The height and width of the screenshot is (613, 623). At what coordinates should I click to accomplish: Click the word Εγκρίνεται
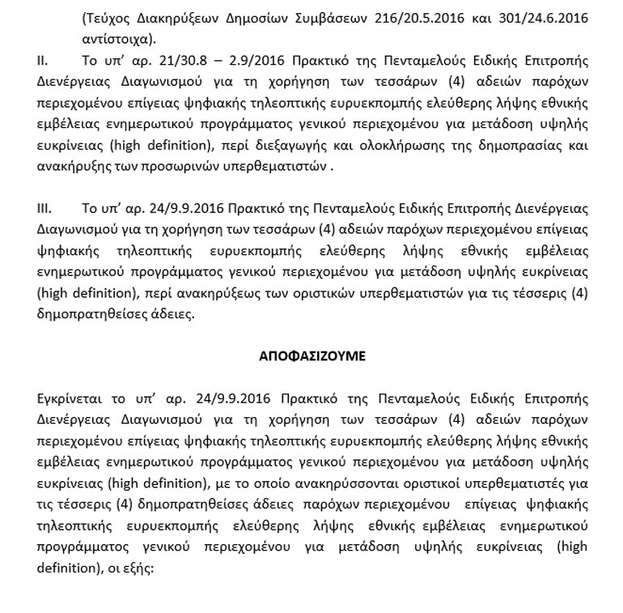pos(70,398)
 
